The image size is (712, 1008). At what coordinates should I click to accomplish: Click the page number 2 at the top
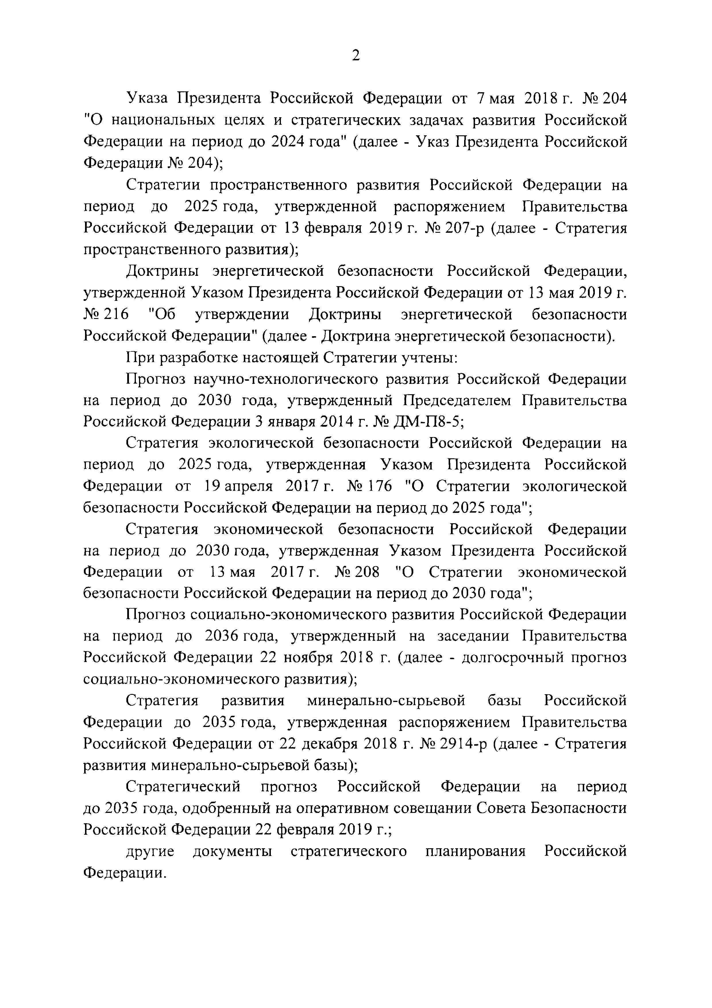[x=356, y=56]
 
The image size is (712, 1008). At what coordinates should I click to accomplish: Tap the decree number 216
[x=116, y=314]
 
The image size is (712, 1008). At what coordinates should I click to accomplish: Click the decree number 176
[x=379, y=486]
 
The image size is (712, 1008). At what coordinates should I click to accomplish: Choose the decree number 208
[x=367, y=572]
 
